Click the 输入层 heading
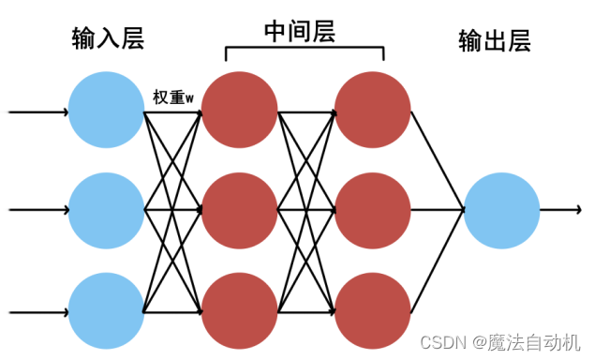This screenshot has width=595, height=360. click(x=107, y=39)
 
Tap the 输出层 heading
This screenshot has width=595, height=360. click(x=495, y=40)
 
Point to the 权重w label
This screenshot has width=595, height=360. click(x=174, y=97)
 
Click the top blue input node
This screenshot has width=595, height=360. click(x=107, y=112)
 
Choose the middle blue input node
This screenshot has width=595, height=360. click(x=107, y=211)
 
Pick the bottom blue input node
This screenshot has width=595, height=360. click(x=107, y=310)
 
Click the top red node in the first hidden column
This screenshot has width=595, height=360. click(x=240, y=112)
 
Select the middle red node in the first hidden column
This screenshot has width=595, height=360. click(x=240, y=211)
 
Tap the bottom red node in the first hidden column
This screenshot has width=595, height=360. click(x=240, y=310)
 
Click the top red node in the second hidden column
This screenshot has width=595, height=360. click(x=373, y=112)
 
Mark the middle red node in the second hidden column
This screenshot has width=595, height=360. click(x=373, y=211)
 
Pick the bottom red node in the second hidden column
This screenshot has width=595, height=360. click(x=373, y=310)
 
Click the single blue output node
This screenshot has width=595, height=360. click(x=501, y=211)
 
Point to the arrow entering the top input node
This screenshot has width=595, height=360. click(x=37, y=112)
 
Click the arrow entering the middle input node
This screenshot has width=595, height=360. click(x=37, y=211)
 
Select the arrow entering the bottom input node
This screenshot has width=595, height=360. click(x=37, y=310)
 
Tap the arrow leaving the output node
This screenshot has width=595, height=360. click(x=560, y=211)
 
